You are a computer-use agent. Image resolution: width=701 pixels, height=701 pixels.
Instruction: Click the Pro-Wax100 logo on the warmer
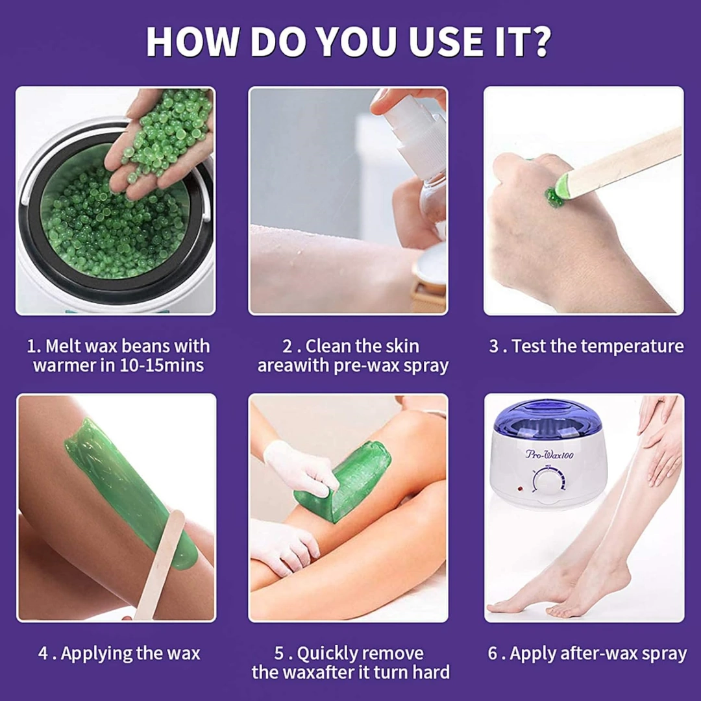pos(550,454)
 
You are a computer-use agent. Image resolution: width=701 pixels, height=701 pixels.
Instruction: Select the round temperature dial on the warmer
pos(548,480)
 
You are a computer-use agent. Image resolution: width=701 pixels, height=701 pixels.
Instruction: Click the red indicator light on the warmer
pos(521,489)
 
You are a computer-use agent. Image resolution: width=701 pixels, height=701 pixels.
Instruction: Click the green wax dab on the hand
pos(554,197)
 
